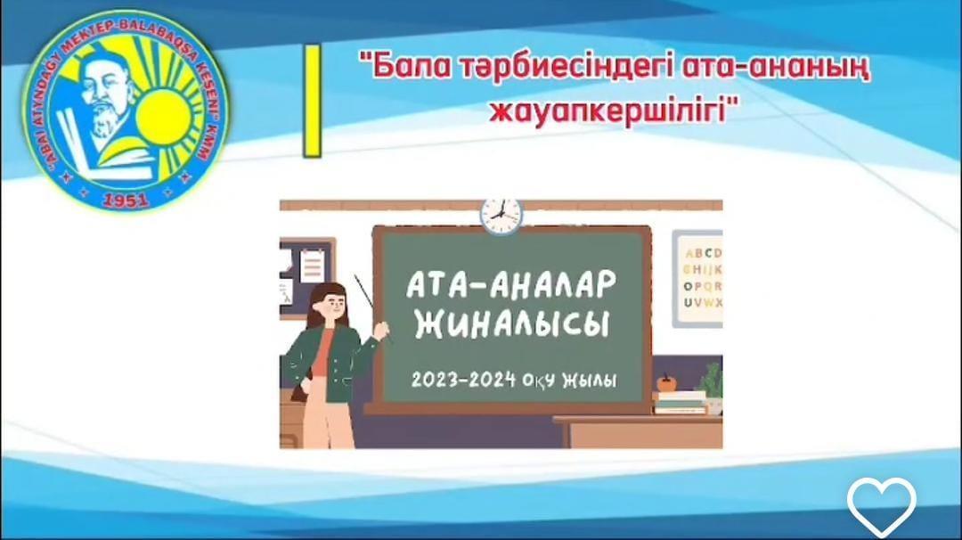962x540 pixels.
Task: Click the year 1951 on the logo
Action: [125, 199]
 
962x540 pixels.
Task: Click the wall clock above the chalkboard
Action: [501, 215]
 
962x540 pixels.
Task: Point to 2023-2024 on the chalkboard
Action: [463, 380]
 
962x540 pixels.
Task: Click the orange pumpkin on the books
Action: [666, 383]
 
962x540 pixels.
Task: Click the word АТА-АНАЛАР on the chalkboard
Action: [511, 284]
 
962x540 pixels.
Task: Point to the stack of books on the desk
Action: [680, 403]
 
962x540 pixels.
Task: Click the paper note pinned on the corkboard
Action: [312, 265]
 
